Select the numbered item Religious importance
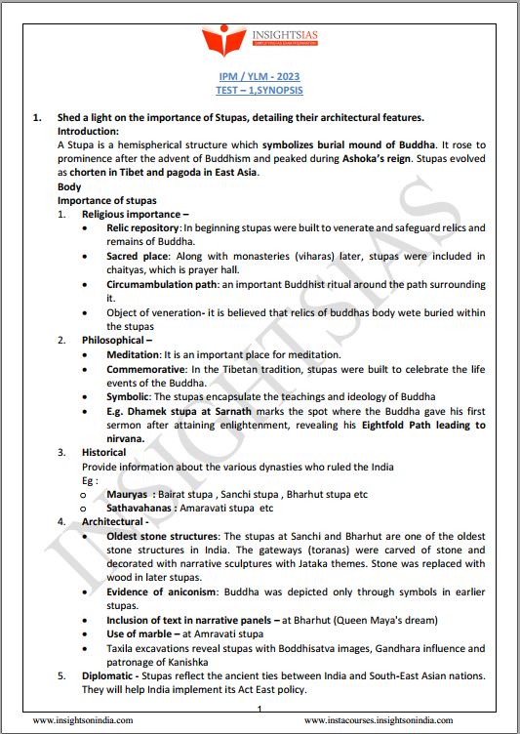pos(131,214)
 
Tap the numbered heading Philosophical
pos(115,340)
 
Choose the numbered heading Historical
pos(103,453)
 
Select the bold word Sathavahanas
pos(142,509)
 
